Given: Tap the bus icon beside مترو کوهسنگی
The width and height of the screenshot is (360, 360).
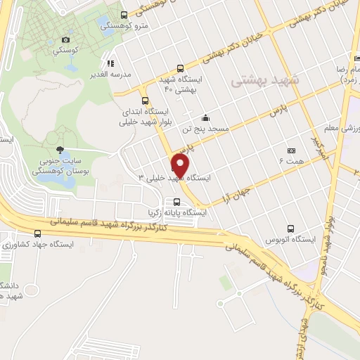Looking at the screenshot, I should (124, 15).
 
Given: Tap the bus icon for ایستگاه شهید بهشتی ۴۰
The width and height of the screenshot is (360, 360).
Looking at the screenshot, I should (181, 69).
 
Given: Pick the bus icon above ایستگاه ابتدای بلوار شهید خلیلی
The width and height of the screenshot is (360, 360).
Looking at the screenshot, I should (145, 101).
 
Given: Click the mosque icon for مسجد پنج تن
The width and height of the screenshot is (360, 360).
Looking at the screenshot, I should (205, 118).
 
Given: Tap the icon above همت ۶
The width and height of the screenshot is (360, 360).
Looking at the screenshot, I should (291, 150).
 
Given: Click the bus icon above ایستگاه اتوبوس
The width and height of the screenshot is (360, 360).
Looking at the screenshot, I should (291, 228).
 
